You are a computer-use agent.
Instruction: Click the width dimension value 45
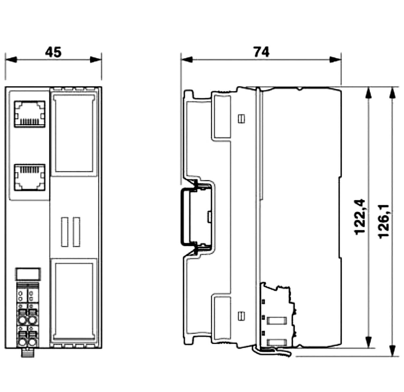[x=53, y=52]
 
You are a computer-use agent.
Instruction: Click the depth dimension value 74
[x=261, y=52]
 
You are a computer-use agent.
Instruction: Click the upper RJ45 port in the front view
[x=30, y=114]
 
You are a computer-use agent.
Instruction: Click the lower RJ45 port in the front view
[x=30, y=177]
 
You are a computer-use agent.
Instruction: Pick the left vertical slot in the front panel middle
[x=64, y=232]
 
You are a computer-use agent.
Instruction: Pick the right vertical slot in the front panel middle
[x=77, y=232]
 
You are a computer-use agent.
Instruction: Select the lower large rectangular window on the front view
[x=74, y=300]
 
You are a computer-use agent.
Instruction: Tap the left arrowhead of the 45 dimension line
[x=11, y=60]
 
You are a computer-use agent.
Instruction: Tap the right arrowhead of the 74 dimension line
[x=335, y=60]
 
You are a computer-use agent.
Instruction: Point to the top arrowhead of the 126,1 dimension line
[x=391, y=93]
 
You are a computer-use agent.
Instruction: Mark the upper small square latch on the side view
[x=241, y=119]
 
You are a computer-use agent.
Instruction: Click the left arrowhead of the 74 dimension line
[x=187, y=60]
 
